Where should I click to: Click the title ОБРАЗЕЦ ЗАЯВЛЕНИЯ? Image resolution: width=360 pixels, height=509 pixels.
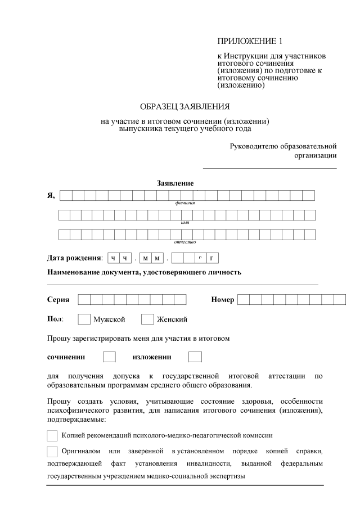point(184,106)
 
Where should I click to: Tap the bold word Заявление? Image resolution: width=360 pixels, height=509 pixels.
point(175,183)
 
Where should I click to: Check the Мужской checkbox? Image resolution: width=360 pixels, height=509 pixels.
point(84,319)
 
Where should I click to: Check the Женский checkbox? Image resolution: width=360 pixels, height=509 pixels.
point(147,319)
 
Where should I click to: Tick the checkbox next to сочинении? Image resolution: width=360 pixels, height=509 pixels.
point(110,357)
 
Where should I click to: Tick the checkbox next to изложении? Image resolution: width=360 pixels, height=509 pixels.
point(195,357)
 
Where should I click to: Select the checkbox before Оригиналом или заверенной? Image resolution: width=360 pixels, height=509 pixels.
point(52,451)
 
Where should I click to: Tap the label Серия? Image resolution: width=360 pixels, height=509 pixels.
point(58,299)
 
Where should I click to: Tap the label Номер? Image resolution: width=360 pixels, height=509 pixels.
point(223,299)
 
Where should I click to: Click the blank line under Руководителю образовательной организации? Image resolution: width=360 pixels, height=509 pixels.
point(269,168)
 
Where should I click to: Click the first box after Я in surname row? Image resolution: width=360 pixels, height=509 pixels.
point(66,195)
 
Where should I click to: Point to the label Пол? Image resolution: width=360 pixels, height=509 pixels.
point(55,319)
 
